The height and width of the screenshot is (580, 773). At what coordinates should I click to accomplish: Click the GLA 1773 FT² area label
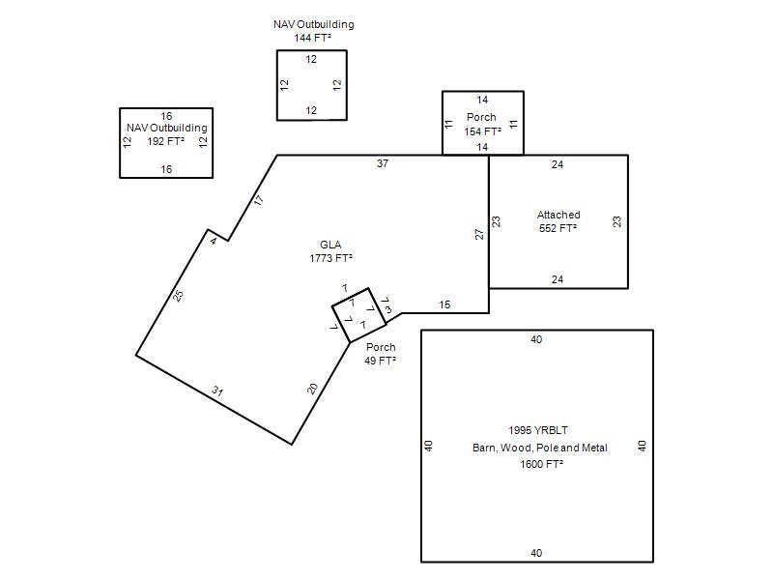pos(330,251)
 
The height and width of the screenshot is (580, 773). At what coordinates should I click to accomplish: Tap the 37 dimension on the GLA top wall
pos(383,163)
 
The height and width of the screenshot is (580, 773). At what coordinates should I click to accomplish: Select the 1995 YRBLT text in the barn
pos(538,430)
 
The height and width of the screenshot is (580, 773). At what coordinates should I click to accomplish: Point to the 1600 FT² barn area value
pos(541,464)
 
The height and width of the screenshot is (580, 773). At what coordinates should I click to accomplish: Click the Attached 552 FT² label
pos(558,221)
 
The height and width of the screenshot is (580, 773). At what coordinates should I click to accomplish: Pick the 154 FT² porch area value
pos(482,131)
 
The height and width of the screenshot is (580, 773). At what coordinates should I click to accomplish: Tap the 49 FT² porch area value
pos(380,361)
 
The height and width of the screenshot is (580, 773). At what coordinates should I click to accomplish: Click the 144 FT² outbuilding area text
pos(312,38)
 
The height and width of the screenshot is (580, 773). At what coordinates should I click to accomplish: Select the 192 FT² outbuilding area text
pos(165,141)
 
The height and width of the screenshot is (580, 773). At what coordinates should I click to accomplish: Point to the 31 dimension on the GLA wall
pos(217,391)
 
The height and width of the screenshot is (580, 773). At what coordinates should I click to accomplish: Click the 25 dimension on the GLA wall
pos(179,296)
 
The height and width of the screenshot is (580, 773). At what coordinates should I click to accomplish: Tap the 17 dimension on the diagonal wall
pos(259,201)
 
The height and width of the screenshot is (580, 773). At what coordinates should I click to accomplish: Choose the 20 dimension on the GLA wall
pos(312,389)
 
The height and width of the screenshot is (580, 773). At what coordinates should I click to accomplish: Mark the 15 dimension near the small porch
pos(444,304)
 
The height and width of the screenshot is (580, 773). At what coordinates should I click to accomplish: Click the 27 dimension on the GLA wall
pos(479,234)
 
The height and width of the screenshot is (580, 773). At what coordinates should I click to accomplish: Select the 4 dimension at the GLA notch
pos(213,241)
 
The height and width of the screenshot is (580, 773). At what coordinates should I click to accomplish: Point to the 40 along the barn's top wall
pos(536,339)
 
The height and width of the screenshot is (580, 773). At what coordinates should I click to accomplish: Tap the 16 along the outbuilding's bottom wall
pos(166,169)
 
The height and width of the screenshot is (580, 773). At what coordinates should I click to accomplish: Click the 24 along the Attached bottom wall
pos(558,279)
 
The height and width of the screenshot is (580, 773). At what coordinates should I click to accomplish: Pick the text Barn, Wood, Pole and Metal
pos(540,448)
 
